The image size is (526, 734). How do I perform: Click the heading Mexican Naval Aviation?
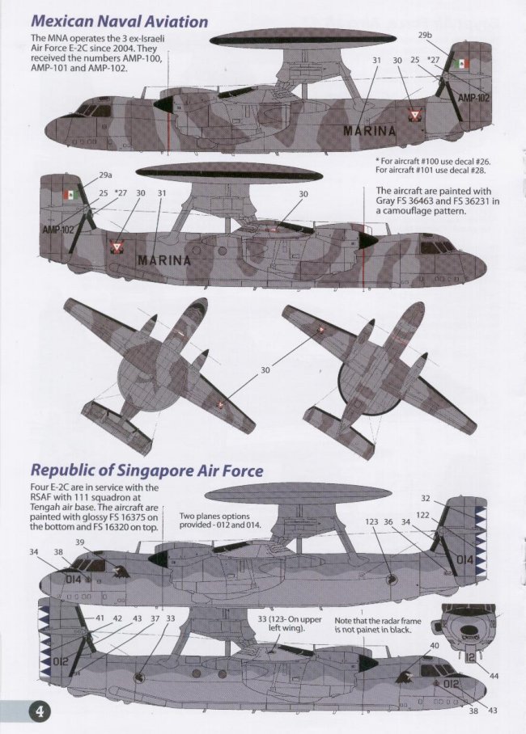pyautogui.click(x=119, y=22)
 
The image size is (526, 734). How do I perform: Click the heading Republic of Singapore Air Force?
pyautogui.click(x=146, y=470)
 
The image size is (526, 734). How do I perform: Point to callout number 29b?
pyautogui.click(x=425, y=35)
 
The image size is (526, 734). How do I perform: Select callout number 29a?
pyautogui.click(x=105, y=175)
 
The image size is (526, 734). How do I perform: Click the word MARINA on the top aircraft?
pyautogui.click(x=370, y=131)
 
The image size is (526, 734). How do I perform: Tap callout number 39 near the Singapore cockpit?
pyautogui.click(x=80, y=542)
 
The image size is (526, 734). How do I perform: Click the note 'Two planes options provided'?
pyautogui.click(x=214, y=520)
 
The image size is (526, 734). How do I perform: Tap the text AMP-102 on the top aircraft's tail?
pyautogui.click(x=473, y=98)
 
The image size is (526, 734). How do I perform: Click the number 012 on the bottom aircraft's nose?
pyautogui.click(x=451, y=684)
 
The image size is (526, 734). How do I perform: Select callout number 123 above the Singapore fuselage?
pyautogui.click(x=371, y=522)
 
